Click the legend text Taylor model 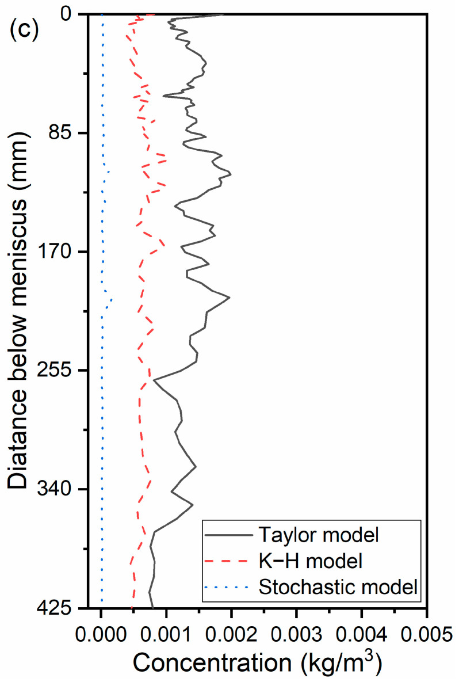pyautogui.click(x=319, y=535)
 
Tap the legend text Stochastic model pyautogui.click(x=337, y=587)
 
